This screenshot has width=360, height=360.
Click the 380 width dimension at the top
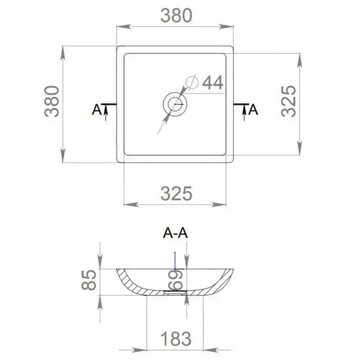[176, 16]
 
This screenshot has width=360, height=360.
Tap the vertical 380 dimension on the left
[52, 101]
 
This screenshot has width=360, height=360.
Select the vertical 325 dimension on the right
[289, 101]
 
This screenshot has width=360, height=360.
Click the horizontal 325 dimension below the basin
[176, 194]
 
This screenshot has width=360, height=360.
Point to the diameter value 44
[213, 82]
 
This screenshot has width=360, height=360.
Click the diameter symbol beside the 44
[192, 82]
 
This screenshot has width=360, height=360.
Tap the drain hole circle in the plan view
[175, 104]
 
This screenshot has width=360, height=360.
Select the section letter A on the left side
[96, 109]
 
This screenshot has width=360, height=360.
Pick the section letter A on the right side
[253, 109]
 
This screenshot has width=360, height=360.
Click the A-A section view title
[175, 233]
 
